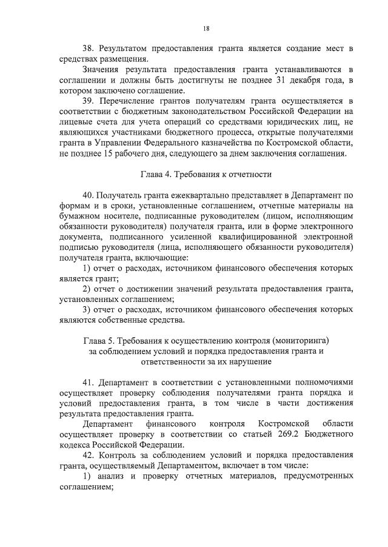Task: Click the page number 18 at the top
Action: [206, 29]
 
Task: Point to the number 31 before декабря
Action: [266, 81]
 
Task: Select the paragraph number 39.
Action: [88, 100]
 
